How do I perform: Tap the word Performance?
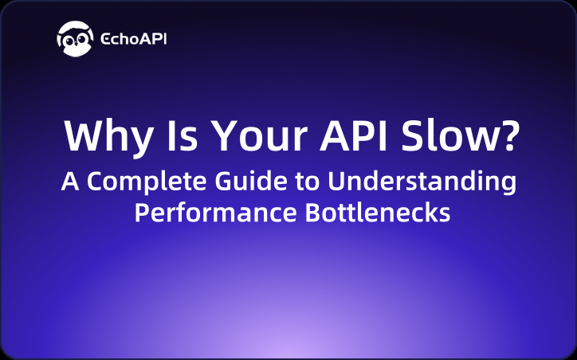200,213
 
